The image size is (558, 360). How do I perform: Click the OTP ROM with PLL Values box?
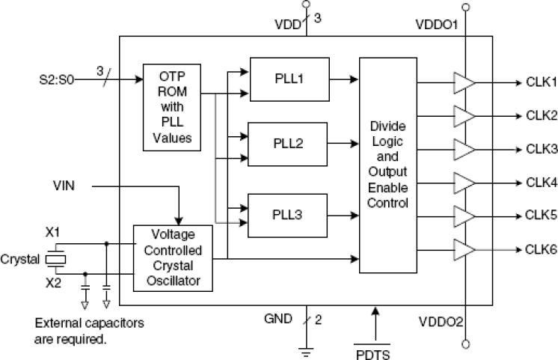[176, 107]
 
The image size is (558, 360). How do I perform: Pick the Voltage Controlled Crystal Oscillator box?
[173, 258]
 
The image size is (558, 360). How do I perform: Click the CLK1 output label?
[542, 82]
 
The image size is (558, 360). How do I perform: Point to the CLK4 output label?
[542, 182]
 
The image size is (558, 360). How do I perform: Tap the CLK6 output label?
[542, 249]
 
